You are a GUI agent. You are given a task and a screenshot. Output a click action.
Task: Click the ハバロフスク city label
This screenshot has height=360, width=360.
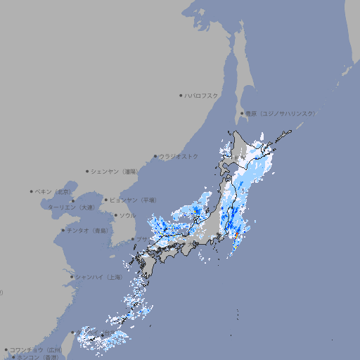tap(202, 95)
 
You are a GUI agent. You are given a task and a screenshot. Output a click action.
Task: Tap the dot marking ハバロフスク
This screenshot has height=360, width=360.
tap(181, 95)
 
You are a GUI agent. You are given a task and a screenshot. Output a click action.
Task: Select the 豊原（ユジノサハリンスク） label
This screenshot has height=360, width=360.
tap(281, 113)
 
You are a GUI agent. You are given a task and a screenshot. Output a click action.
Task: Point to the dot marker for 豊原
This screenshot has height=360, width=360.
tap(242, 113)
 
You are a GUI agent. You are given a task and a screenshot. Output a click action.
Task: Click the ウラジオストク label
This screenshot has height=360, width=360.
tap(179, 156)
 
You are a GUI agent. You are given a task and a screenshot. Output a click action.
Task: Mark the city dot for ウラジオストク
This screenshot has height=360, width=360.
tap(155, 156)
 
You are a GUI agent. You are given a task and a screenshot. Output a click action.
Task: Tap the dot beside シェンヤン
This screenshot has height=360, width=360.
tap(88, 171)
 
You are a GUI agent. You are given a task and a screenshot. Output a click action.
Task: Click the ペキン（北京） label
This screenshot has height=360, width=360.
tap(54, 191)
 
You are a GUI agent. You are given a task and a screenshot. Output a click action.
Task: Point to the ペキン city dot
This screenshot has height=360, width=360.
tap(32, 191)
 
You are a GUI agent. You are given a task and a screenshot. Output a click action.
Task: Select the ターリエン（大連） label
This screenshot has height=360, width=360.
tap(70, 208)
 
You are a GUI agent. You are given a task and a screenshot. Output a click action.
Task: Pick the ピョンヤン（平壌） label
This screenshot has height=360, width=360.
tap(134, 200)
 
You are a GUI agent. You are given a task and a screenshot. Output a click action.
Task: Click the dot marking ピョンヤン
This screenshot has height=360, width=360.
tap(106, 200)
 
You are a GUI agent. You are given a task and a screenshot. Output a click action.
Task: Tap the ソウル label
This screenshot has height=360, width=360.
tap(127, 215)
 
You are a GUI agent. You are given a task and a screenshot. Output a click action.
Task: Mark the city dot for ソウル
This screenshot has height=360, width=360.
tap(115, 215)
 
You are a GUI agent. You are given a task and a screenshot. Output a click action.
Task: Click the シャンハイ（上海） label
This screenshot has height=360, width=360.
tap(98, 277)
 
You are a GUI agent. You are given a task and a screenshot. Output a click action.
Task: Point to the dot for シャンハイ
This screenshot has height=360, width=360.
tap(72, 277)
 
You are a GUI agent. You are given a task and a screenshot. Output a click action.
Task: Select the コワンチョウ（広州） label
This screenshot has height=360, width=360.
tap(36, 349)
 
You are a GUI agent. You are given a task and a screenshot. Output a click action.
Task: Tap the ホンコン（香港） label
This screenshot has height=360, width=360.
tap(38, 357)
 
